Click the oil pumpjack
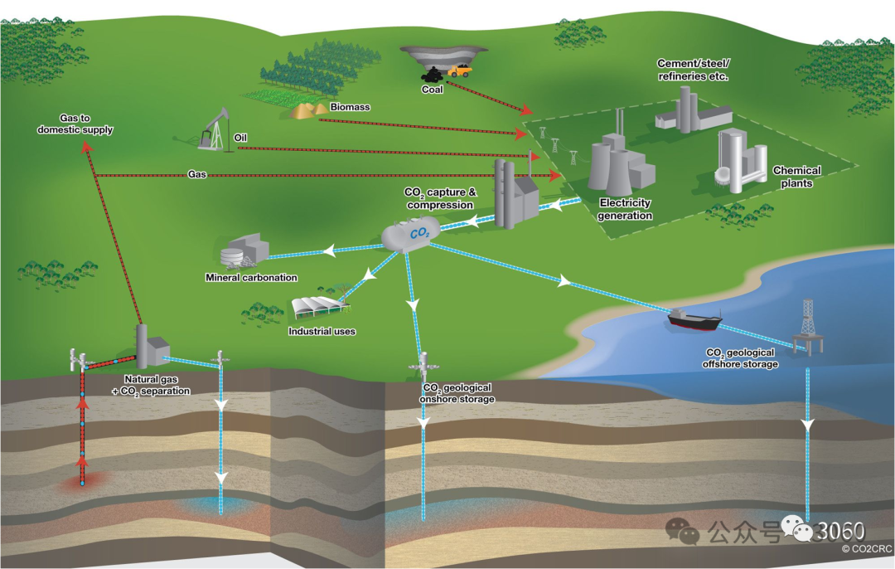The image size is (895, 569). coord(214,130)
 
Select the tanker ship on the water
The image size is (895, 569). coord(694,318)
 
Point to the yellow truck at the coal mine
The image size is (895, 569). coord(458,71)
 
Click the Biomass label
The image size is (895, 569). coord(350,107)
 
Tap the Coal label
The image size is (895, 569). coord(433,90)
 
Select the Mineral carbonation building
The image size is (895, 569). coord(245,248)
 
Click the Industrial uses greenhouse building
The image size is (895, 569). coord(318,308)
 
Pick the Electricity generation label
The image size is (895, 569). coord(626,209)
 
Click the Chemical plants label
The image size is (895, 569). coord(796,177)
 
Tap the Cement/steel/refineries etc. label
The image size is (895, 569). coord(693,70)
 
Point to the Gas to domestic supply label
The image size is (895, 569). coord(75,124)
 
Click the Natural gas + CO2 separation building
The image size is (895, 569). coord(151,348)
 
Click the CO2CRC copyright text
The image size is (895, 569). coord(865,548)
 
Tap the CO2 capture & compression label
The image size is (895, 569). coord(440,198)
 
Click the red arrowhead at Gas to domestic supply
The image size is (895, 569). coord(86,146)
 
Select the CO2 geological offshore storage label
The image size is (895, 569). coord(740,357)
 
